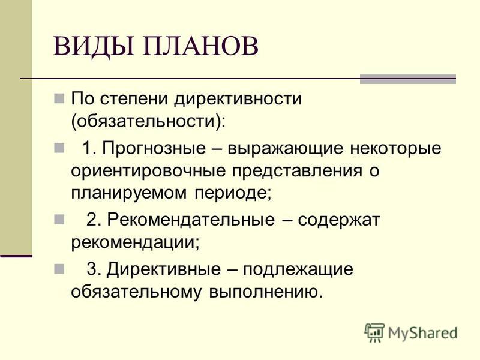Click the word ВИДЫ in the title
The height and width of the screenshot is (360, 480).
pos(94,47)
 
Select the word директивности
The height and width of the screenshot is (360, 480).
pos(238,98)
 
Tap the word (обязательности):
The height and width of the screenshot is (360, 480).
pos(148,121)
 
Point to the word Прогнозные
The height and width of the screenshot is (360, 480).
pos(154,149)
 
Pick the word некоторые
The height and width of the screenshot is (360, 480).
pos(395,149)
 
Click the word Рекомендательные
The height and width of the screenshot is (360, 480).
pos(191,220)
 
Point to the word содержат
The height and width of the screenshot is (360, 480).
pos(338,220)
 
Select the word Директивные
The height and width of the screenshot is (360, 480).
pos(163,269)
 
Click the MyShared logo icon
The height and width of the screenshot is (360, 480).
pos(374,332)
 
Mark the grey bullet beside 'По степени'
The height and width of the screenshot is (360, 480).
pos(59,98)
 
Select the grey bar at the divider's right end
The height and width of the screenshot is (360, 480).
pos(408,79)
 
